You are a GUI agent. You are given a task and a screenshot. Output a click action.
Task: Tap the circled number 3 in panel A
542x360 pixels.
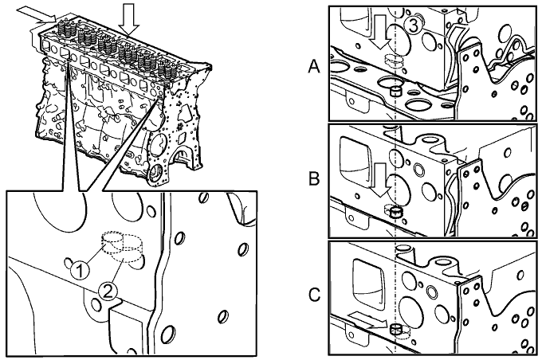tap(410, 26)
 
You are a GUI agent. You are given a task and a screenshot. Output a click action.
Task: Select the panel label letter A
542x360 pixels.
tap(315, 68)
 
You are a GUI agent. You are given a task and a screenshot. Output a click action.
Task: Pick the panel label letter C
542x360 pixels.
tap(315, 296)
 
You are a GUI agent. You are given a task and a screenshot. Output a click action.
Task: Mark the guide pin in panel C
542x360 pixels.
tap(395, 329)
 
